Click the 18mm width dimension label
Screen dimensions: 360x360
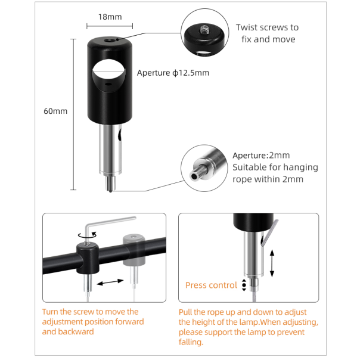pyautogui.click(x=110, y=17)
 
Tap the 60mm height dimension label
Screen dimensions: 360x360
pyautogui.click(x=55, y=111)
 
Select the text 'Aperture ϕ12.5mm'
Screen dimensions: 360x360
pyautogui.click(x=173, y=73)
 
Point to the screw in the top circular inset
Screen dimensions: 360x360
pyautogui.click(x=204, y=29)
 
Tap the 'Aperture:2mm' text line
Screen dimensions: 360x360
pyautogui.click(x=261, y=156)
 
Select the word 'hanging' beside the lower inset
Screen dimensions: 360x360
pyautogui.click(x=302, y=167)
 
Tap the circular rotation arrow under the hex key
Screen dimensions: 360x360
pyautogui.click(x=87, y=235)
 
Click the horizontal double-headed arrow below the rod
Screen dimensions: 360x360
pyautogui.click(x=110, y=282)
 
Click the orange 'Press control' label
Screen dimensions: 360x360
pyautogui.click(x=211, y=285)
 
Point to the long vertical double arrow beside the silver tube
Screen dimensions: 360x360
pyautogui.click(x=272, y=263)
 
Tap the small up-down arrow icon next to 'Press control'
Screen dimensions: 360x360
pyautogui.click(x=244, y=285)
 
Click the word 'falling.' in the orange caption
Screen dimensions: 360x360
pyautogui.click(x=191, y=342)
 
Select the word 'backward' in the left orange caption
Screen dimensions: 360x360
pyautogui.click(x=76, y=332)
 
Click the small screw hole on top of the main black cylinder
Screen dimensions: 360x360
pyautogui.click(x=108, y=41)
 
